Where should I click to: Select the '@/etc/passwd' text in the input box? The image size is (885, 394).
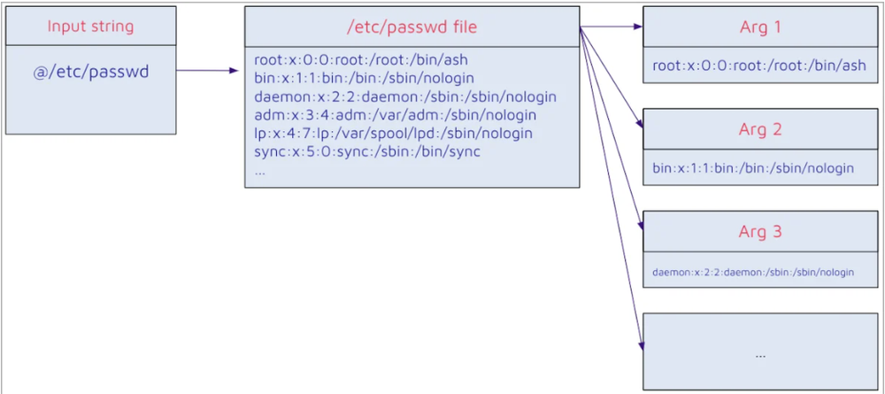pos(90,72)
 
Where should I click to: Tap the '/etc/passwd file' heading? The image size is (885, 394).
pos(412,27)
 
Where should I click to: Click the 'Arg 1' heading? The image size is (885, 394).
pos(760,27)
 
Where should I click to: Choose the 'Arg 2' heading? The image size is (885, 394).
pos(760,129)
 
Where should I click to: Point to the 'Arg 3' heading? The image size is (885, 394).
pos(760,232)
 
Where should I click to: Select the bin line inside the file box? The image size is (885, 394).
pos(364,78)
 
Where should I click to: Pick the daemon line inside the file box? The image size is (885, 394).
pos(404,97)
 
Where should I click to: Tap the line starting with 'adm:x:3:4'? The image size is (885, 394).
pos(395,115)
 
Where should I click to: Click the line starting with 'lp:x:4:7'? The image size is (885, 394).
pos(393,134)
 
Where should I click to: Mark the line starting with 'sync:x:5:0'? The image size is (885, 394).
pos(366,151)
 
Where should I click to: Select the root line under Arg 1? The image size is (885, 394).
pos(758,65)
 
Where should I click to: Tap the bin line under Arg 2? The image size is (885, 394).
pos(753,167)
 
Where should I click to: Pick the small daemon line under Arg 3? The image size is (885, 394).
pos(753,272)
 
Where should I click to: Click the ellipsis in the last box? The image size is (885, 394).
pos(760,352)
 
